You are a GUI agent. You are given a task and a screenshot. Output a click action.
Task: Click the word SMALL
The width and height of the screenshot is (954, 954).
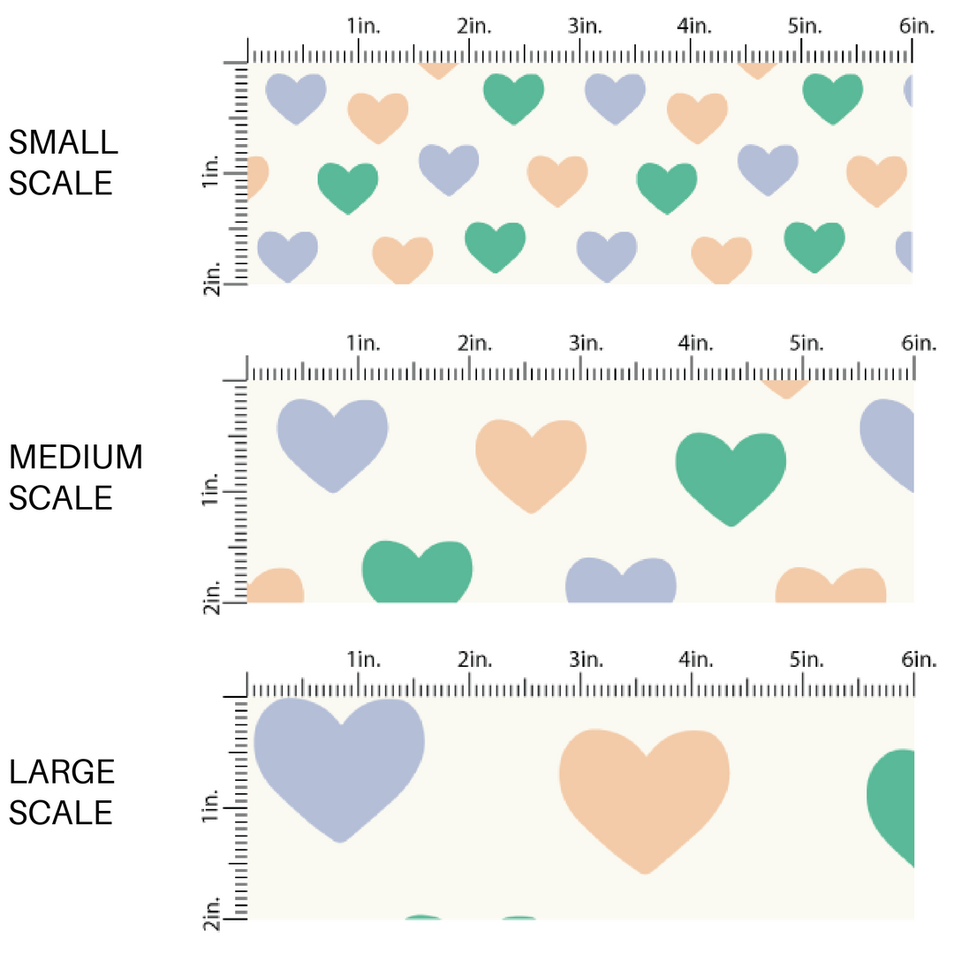pos(62,141)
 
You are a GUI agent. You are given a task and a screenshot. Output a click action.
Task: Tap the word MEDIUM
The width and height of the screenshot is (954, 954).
pos(75,458)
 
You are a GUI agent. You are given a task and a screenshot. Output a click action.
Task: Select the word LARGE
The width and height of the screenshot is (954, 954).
pos(62,772)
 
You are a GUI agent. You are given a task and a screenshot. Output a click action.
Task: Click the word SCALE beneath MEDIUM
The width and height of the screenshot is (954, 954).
pos(61,498)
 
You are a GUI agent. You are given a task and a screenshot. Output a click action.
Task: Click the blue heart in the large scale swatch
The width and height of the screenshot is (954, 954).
pos(338,760)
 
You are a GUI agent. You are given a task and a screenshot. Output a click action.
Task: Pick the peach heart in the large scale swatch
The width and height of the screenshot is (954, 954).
pos(645,791)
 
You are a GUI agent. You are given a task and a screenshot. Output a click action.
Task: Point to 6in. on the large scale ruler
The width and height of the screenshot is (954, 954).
pos(917,660)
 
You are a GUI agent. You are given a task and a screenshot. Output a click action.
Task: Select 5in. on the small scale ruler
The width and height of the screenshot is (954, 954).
pos(805,26)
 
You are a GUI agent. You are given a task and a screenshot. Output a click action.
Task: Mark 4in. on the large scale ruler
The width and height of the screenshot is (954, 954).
pos(695,660)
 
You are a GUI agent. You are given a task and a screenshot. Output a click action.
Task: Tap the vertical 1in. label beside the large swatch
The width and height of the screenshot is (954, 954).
pos(212,806)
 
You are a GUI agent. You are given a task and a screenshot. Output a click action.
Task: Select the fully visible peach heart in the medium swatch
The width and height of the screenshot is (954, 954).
pos(530,461)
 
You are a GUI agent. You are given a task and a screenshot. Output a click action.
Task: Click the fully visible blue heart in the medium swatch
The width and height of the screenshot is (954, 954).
pos(332,440)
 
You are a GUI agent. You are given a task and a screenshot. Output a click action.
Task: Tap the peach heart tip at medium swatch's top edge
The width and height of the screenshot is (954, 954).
pos(784,388)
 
